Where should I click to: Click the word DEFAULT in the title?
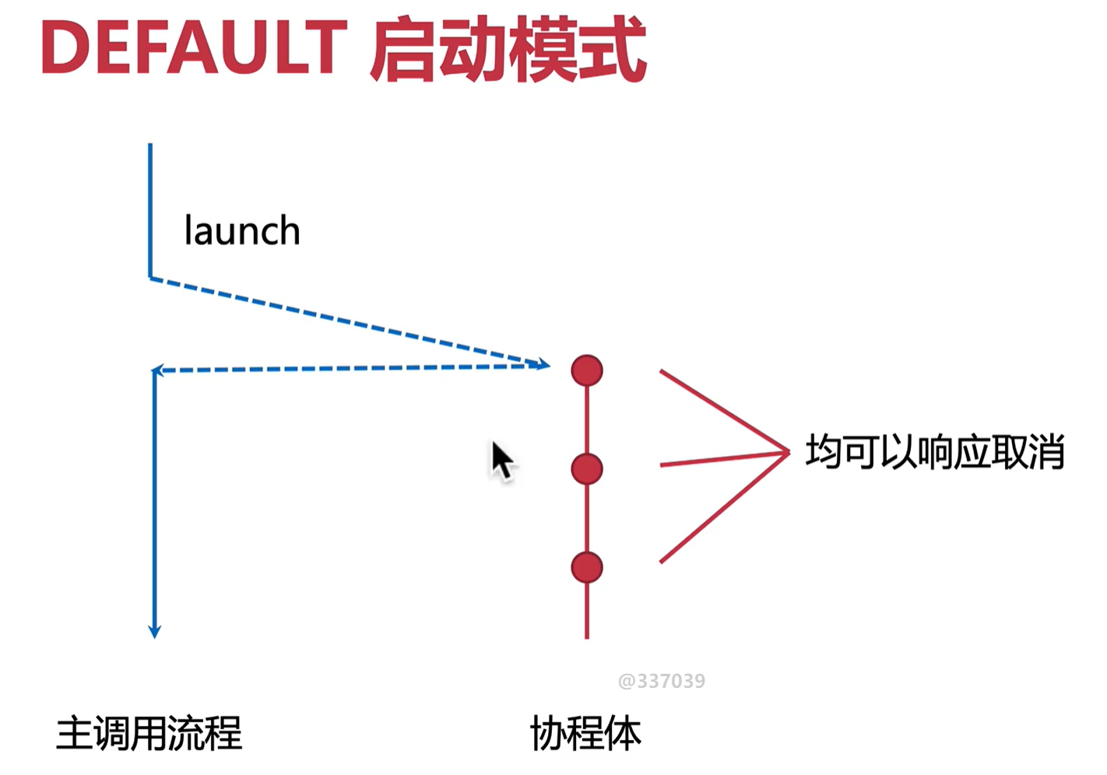[x=194, y=48]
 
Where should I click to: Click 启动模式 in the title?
[x=508, y=50]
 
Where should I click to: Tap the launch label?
[x=241, y=230]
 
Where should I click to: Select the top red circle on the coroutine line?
[x=587, y=370]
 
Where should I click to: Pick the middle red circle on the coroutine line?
[x=587, y=469]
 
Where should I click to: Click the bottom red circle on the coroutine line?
[x=587, y=567]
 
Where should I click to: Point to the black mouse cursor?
[x=502, y=460]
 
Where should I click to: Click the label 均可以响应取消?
[x=934, y=452]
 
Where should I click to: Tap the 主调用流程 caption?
[x=149, y=734]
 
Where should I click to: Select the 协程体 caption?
[x=585, y=734]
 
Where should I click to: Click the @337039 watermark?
[x=661, y=682]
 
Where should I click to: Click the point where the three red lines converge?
[x=788, y=451]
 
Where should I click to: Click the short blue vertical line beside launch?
[x=150, y=210]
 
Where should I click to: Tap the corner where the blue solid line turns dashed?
[x=150, y=278]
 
